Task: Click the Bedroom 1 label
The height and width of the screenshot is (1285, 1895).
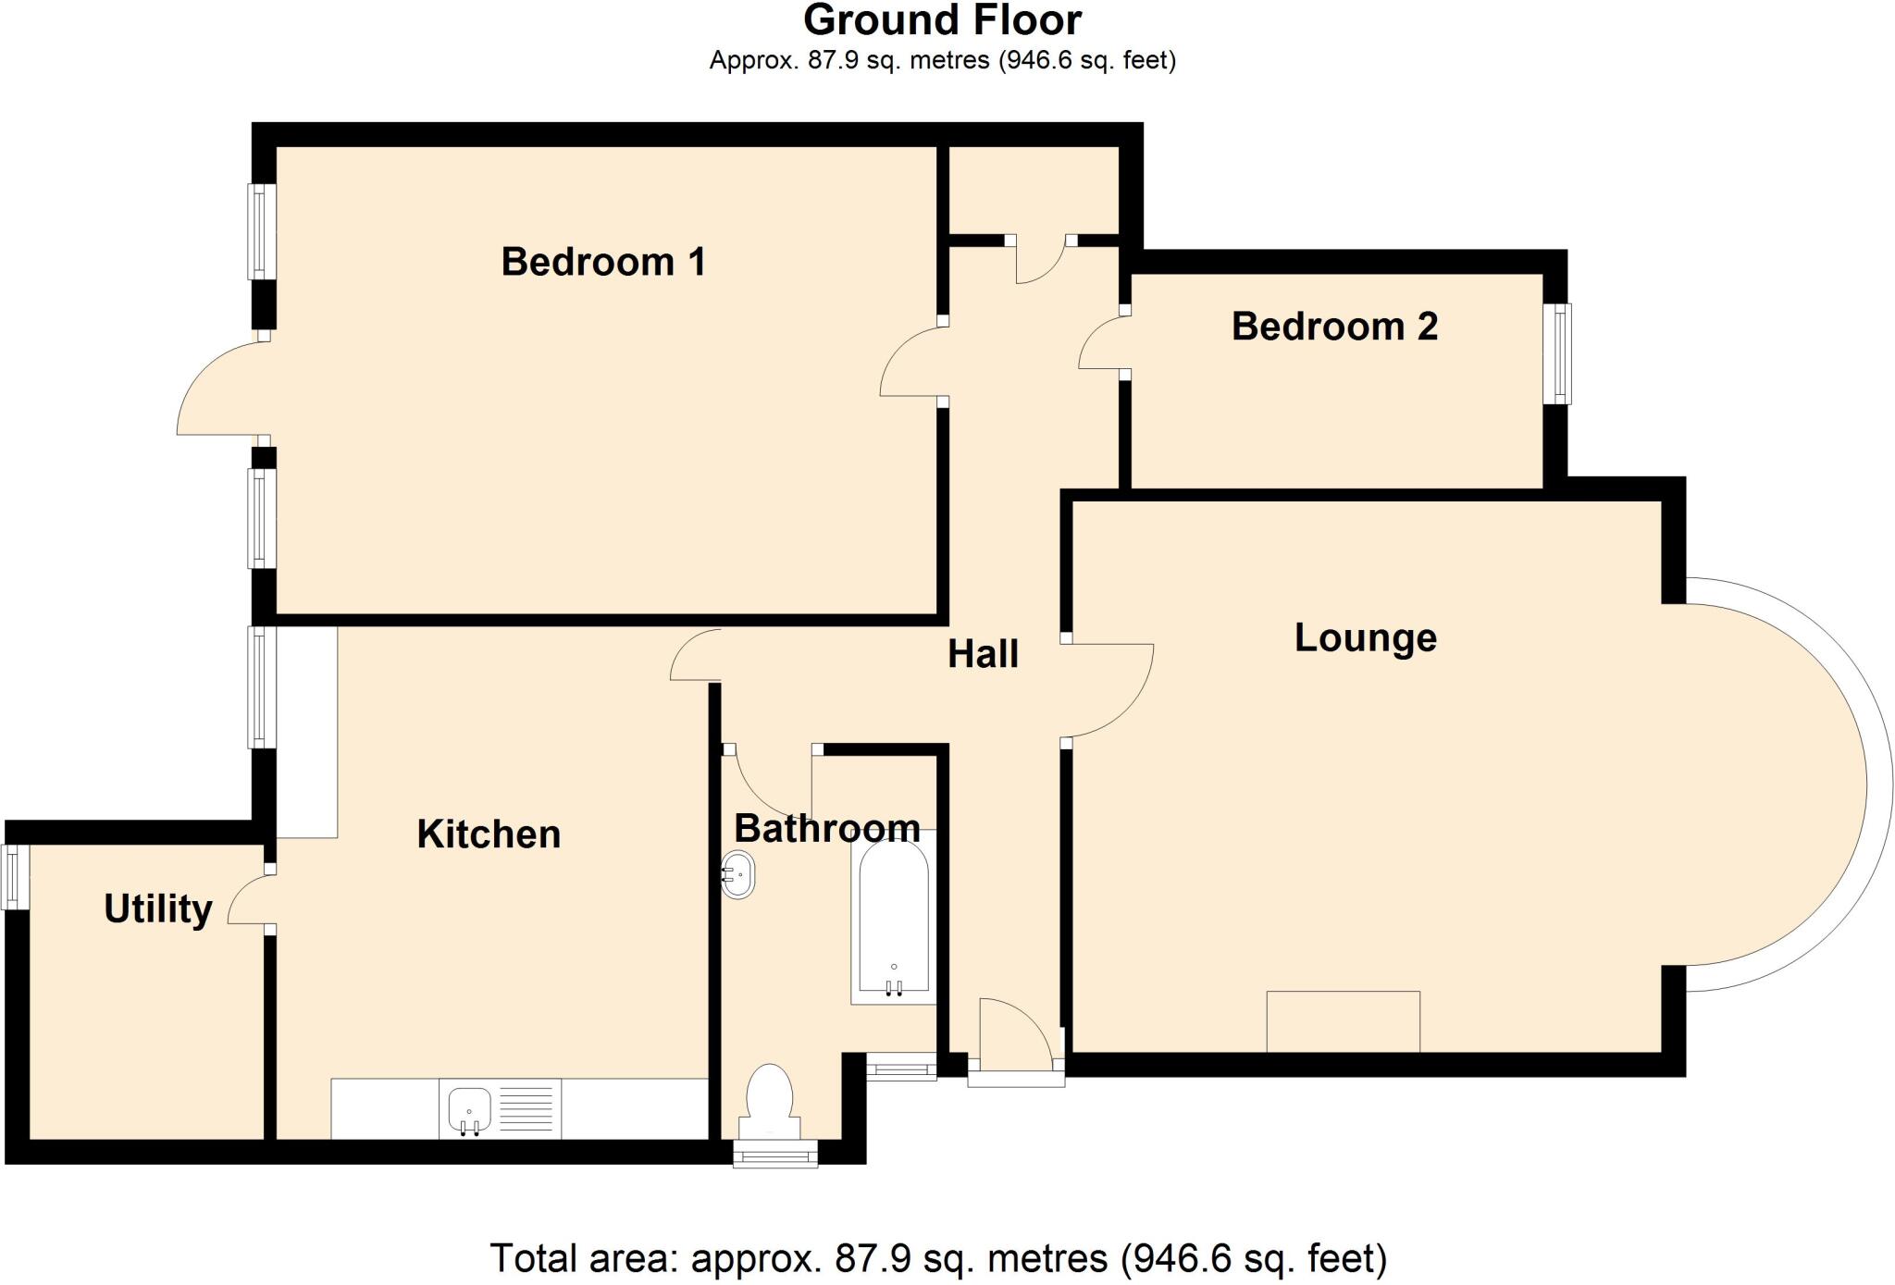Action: point(603,262)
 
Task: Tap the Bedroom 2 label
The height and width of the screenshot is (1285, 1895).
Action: point(1334,327)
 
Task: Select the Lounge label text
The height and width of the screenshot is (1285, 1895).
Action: point(1365,638)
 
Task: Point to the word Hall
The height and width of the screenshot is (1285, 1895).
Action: point(983,655)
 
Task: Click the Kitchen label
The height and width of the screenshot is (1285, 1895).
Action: point(489,834)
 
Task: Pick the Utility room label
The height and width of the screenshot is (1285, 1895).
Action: point(158,909)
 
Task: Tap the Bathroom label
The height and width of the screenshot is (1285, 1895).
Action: point(827,828)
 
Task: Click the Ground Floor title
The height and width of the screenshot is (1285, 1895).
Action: point(942,20)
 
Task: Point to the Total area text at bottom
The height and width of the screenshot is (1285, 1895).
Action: point(938,1259)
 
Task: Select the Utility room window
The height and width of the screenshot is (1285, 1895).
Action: point(15,876)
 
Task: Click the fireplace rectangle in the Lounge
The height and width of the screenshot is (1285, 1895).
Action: point(1343,1021)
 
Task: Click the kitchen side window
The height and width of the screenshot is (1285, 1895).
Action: point(263,687)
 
